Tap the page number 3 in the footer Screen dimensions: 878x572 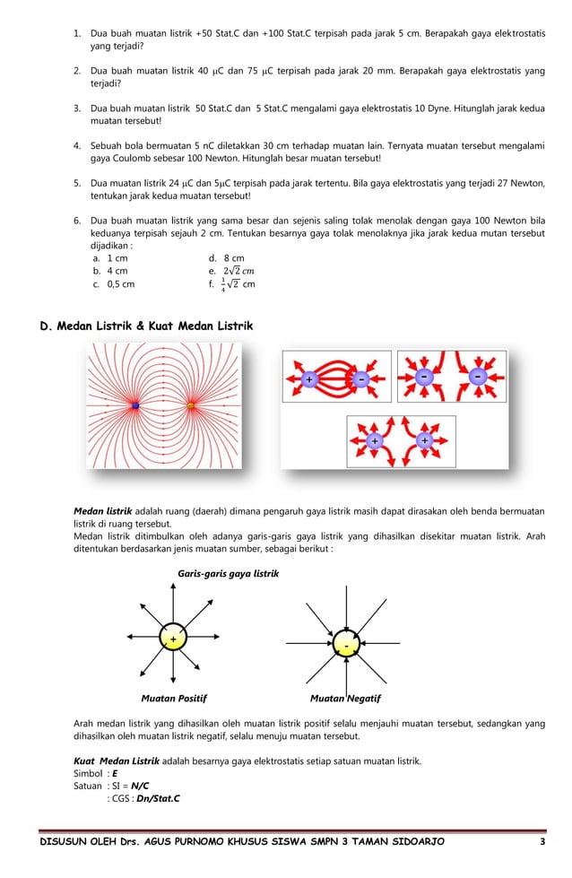click(x=542, y=844)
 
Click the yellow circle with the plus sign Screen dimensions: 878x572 click(x=172, y=638)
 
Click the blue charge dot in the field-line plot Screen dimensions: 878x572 click(x=135, y=406)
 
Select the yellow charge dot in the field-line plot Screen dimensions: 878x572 click(x=190, y=406)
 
